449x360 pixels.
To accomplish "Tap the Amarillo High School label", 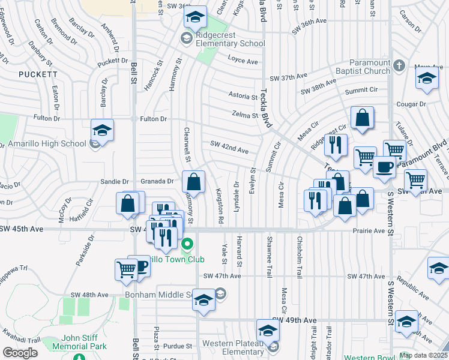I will pyautogui.click(x=46, y=144).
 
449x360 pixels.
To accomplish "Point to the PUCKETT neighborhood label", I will pyautogui.click(x=38, y=74).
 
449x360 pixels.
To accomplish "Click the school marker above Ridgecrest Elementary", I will pyautogui.click(x=194, y=18).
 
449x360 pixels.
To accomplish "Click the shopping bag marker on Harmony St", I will pyautogui.click(x=193, y=181).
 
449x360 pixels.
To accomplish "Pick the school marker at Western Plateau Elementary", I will pyautogui.click(x=268, y=329).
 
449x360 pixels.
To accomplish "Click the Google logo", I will pyautogui.click(x=20, y=352).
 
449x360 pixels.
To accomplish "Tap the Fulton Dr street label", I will pyautogui.click(x=154, y=119).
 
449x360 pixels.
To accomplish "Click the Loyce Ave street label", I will pyautogui.click(x=243, y=61).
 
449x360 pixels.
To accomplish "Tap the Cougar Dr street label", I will pyautogui.click(x=411, y=103).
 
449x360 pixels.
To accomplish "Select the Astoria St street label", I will pyautogui.click(x=243, y=95).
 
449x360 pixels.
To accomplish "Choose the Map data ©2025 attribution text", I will pyautogui.click(x=423, y=355).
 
